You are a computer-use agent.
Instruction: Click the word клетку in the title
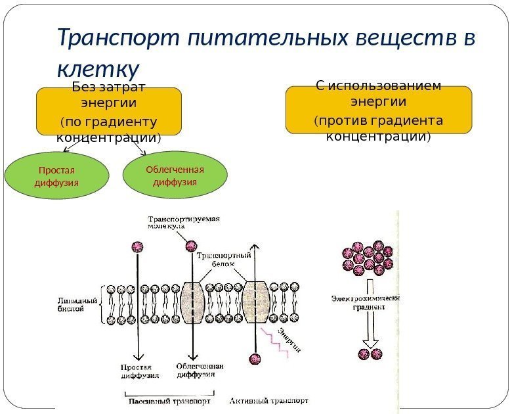point(98,68)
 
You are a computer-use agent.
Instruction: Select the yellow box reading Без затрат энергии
point(108,112)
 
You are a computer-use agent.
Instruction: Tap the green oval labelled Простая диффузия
point(56,176)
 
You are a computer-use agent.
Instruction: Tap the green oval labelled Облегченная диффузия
point(175,176)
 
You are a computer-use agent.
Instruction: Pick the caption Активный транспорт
point(269,400)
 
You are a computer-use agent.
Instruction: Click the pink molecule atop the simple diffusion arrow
point(138,246)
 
